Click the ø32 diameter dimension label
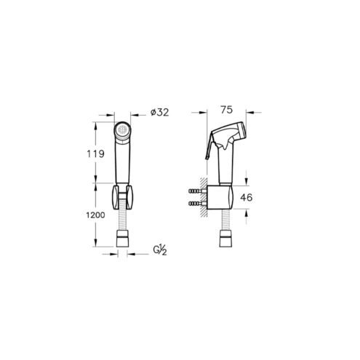coord(159,112)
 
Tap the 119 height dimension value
coord(96,153)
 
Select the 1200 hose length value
coord(95,215)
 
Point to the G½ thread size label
coord(160,249)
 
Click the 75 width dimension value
coord(227,110)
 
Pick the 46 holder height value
coord(247,198)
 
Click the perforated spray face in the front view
coord(122,129)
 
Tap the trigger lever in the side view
coord(210,147)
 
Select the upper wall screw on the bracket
coord(197,191)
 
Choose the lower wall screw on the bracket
coord(197,203)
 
